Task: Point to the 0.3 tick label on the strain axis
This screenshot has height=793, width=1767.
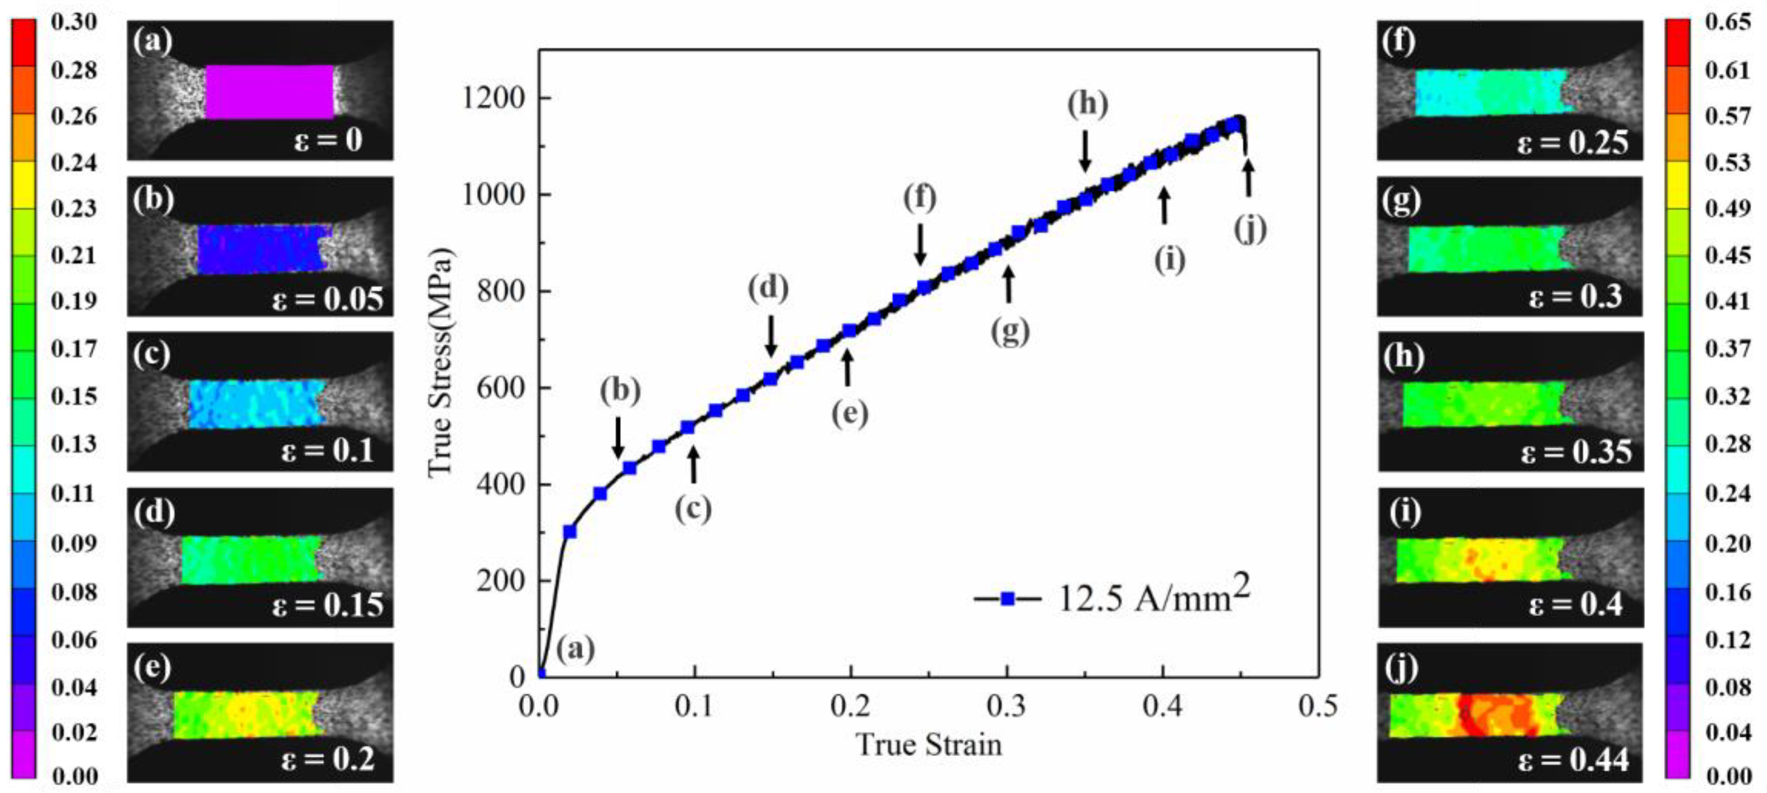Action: pos(1006,706)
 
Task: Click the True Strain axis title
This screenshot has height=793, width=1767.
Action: pos(929,745)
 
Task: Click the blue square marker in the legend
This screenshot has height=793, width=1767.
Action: pos(1007,599)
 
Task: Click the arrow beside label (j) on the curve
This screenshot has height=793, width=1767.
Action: pos(1249,177)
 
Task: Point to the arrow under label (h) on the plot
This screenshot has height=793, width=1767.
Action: pos(1085,151)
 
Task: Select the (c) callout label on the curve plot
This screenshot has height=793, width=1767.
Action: pos(693,508)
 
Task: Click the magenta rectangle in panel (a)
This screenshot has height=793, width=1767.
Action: pos(269,91)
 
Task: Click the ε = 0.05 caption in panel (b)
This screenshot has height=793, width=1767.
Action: pos(328,299)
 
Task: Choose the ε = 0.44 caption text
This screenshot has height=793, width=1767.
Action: pos(1572,760)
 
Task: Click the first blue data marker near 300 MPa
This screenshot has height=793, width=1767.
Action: pos(569,532)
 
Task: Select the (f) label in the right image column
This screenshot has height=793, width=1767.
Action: pos(1399,42)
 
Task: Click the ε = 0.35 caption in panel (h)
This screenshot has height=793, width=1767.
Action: pos(1575,451)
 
